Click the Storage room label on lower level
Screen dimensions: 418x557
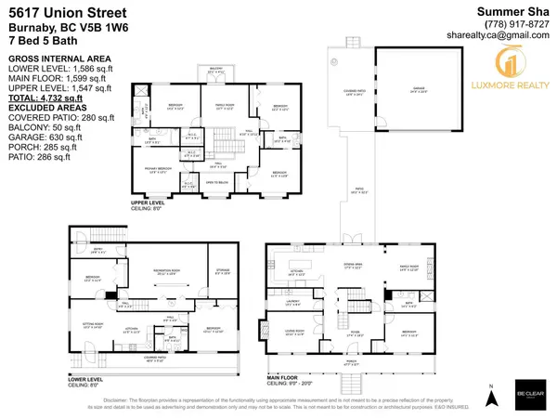pos(221,272)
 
